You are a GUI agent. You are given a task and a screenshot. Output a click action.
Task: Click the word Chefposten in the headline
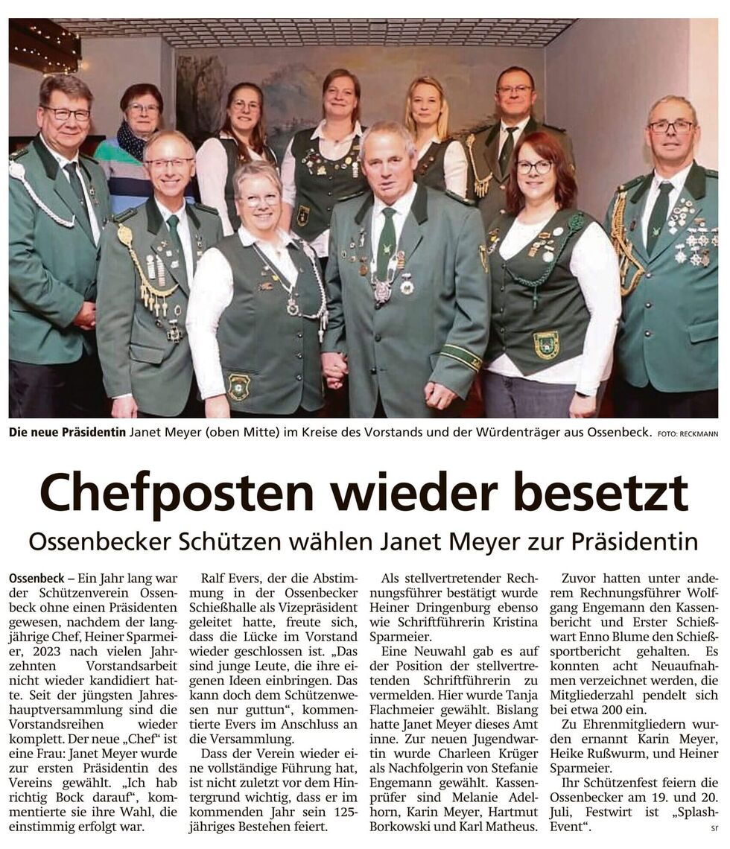(x=177, y=493)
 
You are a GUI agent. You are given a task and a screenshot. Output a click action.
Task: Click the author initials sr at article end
(x=714, y=827)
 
